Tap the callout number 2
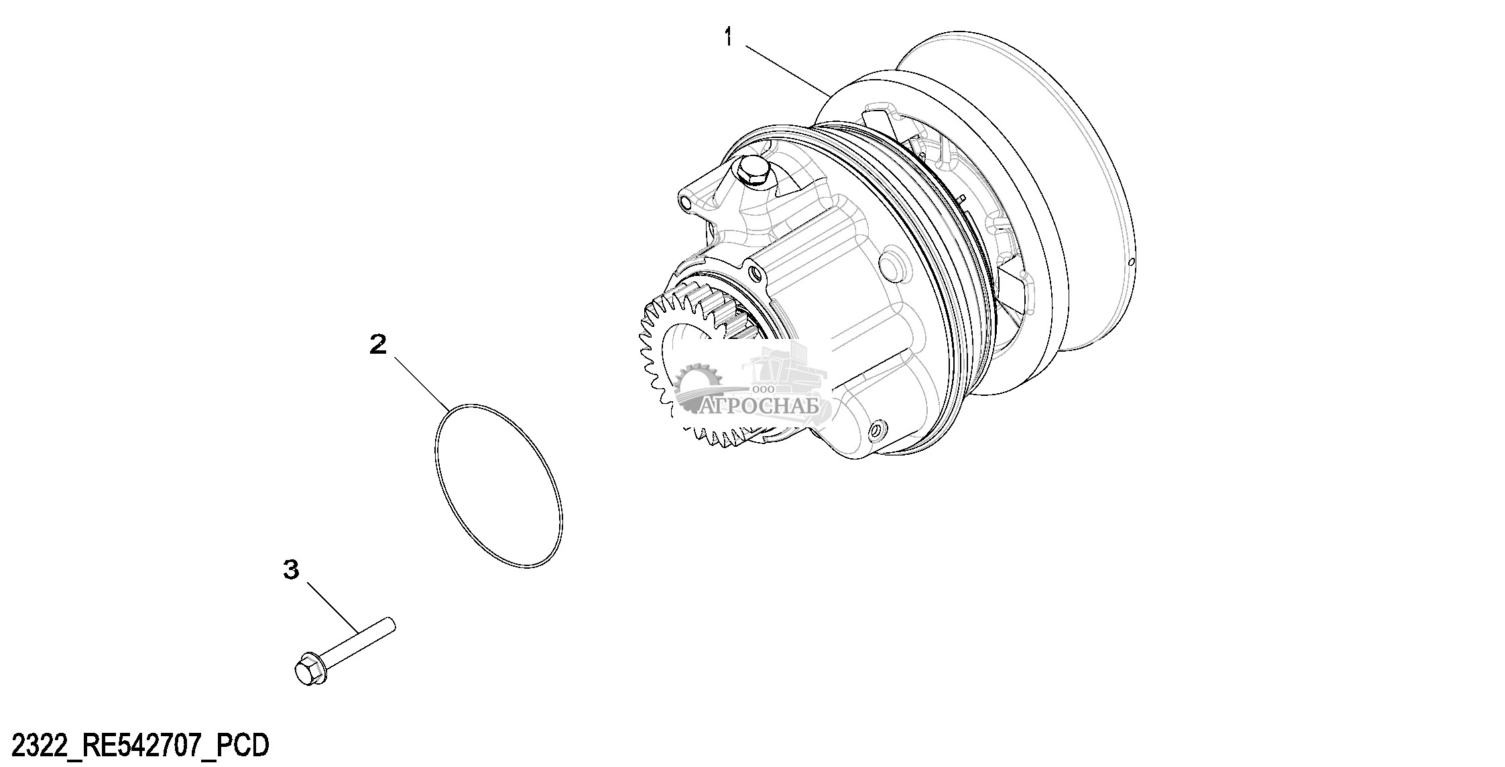point(379,345)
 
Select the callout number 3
point(291,571)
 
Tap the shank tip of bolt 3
point(392,625)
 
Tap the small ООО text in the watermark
point(764,389)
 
